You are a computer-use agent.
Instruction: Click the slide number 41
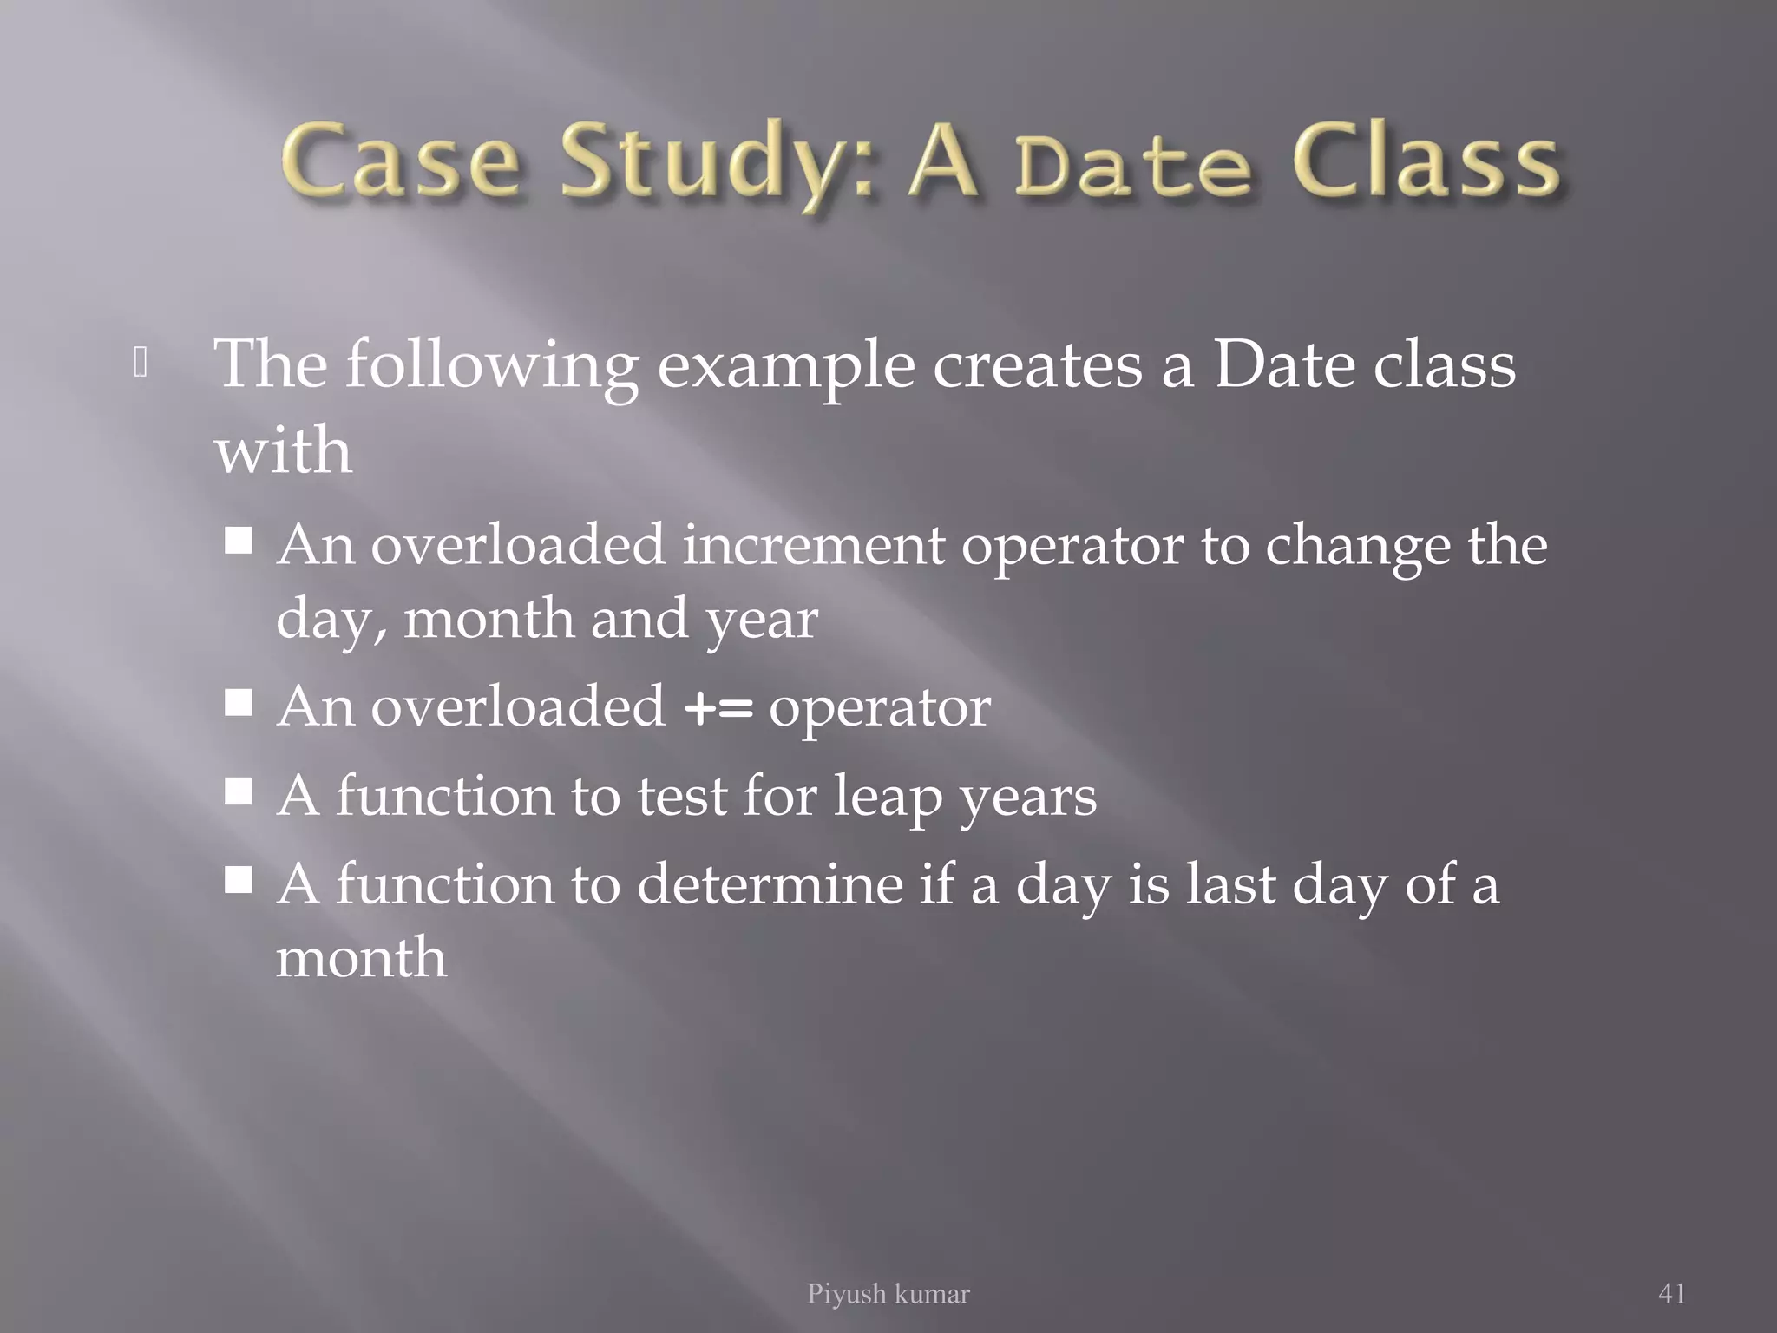point(1671,1293)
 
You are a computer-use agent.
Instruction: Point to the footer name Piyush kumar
point(888,1294)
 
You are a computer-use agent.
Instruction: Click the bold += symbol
point(718,708)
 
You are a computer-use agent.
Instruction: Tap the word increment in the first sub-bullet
point(813,546)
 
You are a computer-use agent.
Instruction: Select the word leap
point(887,797)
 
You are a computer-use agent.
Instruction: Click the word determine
point(769,884)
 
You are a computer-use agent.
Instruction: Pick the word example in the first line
point(785,365)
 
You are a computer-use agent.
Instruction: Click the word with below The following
point(283,450)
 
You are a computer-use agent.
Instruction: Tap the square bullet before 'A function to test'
point(238,791)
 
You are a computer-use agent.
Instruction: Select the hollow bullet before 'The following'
point(141,364)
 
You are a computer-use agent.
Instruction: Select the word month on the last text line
point(361,958)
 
